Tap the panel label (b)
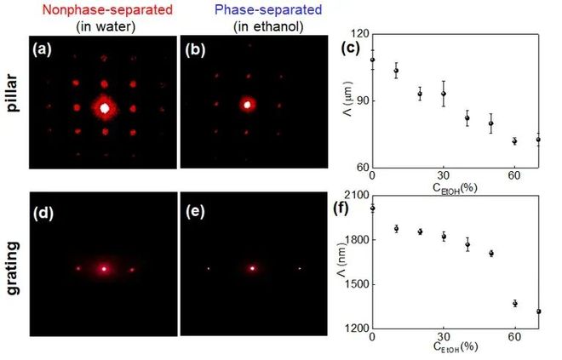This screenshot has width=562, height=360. coord(197,49)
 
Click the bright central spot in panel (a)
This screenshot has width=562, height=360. coord(105,108)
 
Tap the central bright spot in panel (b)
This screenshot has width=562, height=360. coord(248,106)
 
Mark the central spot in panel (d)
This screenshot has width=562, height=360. coord(104,268)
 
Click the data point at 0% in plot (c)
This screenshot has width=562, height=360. coord(372,60)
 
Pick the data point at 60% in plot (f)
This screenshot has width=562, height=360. coord(514,303)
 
